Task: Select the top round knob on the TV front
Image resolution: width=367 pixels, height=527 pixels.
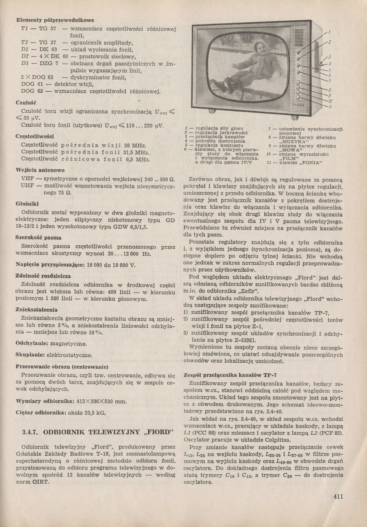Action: point(299,51)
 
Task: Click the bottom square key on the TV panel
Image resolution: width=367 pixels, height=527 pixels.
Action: point(298,97)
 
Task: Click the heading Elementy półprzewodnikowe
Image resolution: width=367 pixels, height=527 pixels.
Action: point(55,21)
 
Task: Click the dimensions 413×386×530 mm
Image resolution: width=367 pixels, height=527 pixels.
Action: point(101,401)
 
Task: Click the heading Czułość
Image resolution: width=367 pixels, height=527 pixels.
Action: point(26,102)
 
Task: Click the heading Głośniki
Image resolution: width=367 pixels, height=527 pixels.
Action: point(27,204)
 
